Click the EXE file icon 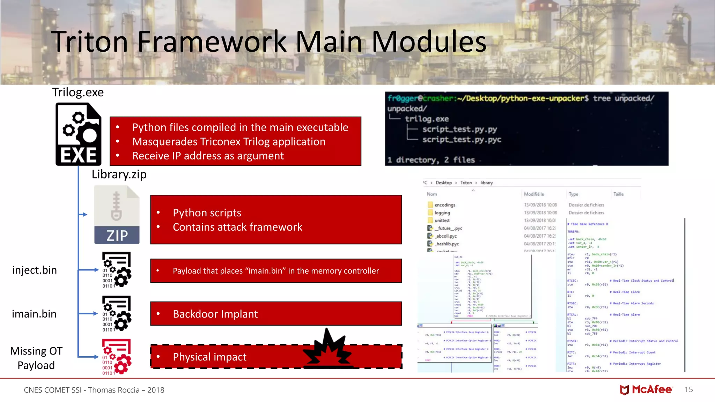click(x=79, y=134)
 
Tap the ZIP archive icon click(x=117, y=215)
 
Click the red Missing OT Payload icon click(x=117, y=357)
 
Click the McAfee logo click(x=646, y=389)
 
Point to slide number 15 click(x=688, y=389)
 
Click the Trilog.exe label click(x=78, y=92)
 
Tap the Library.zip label click(x=119, y=174)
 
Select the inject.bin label click(x=35, y=270)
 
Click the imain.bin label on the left click(x=34, y=314)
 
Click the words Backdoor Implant click(x=215, y=314)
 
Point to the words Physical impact click(x=209, y=357)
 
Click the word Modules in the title click(x=429, y=42)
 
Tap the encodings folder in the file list click(x=444, y=205)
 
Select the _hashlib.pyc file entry click(x=447, y=244)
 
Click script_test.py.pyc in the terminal click(x=462, y=140)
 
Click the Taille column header click(x=618, y=194)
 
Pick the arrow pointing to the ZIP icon click(x=83, y=214)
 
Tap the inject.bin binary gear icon click(x=117, y=270)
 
